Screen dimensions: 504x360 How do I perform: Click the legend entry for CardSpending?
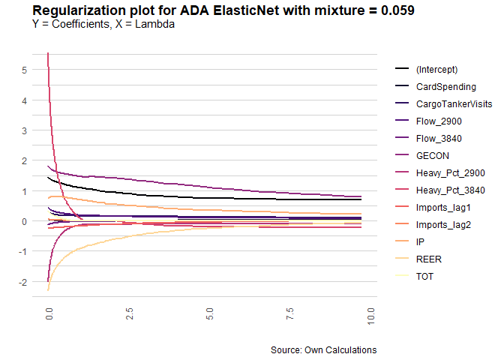pos(445,87)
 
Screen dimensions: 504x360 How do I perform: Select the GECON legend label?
pos(432,156)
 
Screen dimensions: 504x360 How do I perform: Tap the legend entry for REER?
pos(429,259)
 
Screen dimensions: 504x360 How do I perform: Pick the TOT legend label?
pos(424,277)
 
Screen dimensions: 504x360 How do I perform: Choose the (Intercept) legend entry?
pos(436,70)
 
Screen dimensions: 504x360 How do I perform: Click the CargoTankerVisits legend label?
pos(454,104)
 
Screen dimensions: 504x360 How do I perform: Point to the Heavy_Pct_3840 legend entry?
pos(450,190)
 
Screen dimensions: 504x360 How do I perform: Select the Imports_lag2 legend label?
pos(443,225)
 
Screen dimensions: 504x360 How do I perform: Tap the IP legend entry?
pos(420,242)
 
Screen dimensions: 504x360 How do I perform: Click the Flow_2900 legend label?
pos(439,121)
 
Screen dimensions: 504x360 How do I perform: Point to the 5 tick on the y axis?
pos(25,70)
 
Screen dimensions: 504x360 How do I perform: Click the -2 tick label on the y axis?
pos(22,282)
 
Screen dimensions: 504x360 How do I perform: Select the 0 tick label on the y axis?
pos(25,221)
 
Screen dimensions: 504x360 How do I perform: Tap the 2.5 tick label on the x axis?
pos(130,313)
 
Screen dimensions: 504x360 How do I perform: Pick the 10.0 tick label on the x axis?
pos(370,316)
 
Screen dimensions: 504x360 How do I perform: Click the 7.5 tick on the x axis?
pos(290,313)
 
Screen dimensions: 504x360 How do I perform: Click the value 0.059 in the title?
pos(397,10)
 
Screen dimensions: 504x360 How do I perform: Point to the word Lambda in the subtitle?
pos(154,24)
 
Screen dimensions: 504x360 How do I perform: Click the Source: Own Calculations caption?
pos(324,349)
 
